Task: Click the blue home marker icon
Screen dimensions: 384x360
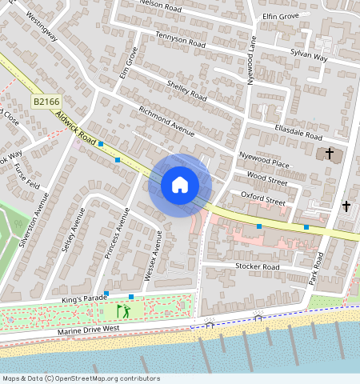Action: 180,186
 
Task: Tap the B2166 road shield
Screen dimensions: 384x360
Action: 47,102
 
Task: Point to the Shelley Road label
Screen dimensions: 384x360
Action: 186,91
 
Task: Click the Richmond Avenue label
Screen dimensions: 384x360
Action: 166,121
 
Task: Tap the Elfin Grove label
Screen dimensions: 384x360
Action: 280,16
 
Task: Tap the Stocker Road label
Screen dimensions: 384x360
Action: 257,266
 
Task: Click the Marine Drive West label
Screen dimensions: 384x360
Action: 88,329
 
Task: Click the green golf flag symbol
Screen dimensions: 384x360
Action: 122,310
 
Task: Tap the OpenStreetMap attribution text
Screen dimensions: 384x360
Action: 80,378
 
